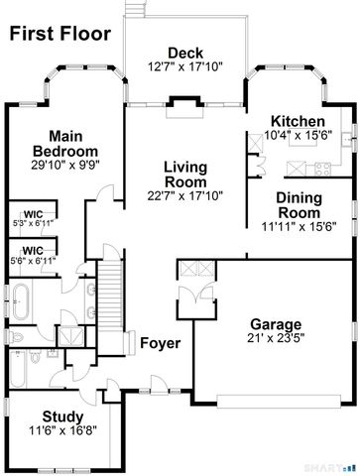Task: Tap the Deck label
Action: click(x=184, y=53)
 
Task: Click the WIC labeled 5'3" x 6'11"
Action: click(x=34, y=218)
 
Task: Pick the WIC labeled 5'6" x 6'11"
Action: click(x=34, y=256)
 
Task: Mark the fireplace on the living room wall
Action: click(x=184, y=101)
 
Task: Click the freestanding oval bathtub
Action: click(x=22, y=295)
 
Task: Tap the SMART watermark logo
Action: click(x=338, y=465)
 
